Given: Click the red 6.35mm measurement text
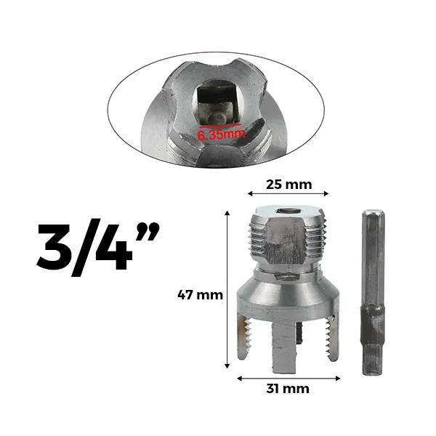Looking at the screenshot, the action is pos(222,134).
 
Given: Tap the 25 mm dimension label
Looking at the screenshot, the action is pos(289,185).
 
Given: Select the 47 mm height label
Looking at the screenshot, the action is pos(201,295).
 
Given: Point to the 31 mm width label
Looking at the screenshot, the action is pos(288,389).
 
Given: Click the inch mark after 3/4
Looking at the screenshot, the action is pos(148,231).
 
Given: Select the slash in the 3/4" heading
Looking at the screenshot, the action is pos(83,248).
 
